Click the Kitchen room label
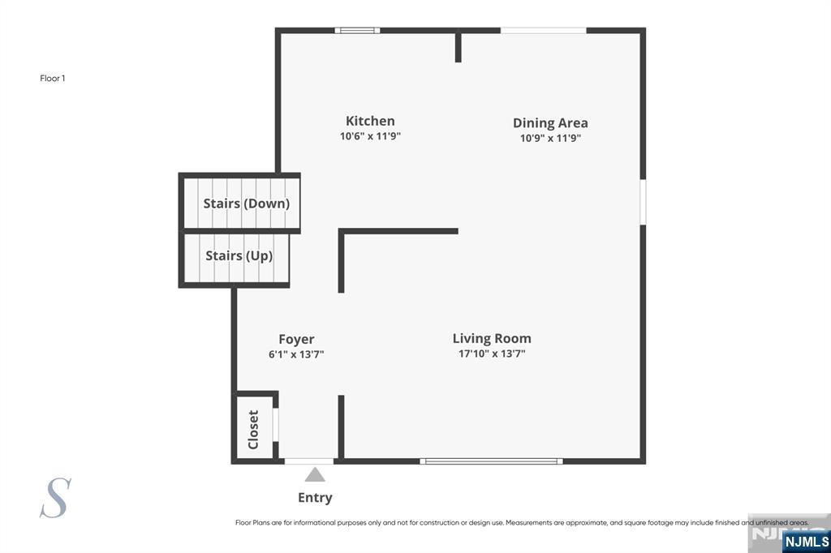(370, 121)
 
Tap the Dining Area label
(550, 123)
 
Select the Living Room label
(492, 338)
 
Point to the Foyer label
(296, 339)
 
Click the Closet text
(253, 430)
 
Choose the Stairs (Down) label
(247, 204)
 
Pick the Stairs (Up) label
(239, 256)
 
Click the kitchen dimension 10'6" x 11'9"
(370, 136)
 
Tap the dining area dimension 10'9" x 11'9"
(550, 138)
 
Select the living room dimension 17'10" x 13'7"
(492, 354)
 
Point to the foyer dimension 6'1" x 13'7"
(296, 354)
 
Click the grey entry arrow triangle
(315, 474)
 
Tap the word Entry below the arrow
(315, 498)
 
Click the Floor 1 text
(53, 79)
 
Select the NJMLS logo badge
(807, 542)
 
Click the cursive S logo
(56, 498)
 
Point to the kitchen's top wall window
(357, 30)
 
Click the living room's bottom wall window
(491, 461)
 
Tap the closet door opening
(276, 424)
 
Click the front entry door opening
(309, 461)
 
